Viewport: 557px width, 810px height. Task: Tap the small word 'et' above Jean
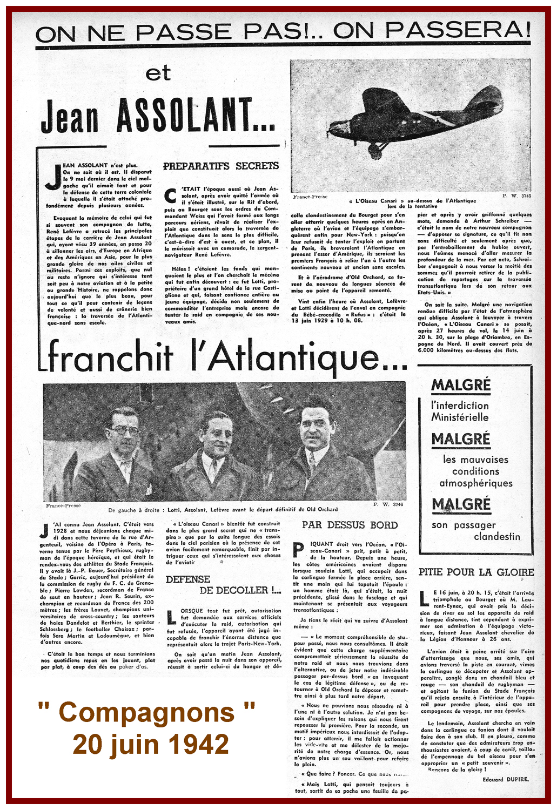tap(158, 73)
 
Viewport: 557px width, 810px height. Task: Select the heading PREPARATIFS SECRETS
tap(221, 166)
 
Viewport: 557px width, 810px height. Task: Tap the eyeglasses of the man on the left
tap(124, 430)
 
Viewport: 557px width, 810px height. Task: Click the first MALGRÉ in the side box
tap(460, 386)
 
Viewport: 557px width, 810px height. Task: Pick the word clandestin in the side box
tap(496, 537)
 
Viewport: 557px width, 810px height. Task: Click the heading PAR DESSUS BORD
tap(350, 525)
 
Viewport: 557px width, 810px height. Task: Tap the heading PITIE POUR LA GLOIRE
tap(476, 572)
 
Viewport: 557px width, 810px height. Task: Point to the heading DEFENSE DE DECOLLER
tap(224, 585)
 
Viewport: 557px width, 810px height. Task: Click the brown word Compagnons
tap(146, 712)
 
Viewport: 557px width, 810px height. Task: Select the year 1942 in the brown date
tap(199, 745)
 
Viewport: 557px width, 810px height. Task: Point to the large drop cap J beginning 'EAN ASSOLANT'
tap(52, 177)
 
